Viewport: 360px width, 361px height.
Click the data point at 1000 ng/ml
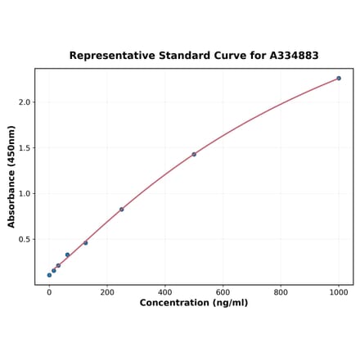coord(339,79)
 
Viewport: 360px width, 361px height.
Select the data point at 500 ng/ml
coord(194,154)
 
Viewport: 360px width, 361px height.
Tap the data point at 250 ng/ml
coord(122,210)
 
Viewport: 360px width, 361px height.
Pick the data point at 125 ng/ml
coord(85,243)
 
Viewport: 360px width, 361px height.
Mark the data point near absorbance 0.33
coord(67,255)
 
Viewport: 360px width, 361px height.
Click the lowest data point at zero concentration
coord(49,275)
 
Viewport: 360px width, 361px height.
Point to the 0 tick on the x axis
coord(49,291)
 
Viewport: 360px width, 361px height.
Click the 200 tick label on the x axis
coord(107,291)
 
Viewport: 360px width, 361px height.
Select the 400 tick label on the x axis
coord(165,291)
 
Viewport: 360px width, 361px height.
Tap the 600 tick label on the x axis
coord(223,291)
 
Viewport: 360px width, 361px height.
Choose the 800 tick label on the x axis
coord(281,291)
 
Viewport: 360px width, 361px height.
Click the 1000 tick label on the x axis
coord(339,291)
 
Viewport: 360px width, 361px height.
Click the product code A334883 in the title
coord(294,56)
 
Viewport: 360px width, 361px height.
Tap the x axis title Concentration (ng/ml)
coord(194,303)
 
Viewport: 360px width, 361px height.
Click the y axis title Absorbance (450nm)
coord(11,176)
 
